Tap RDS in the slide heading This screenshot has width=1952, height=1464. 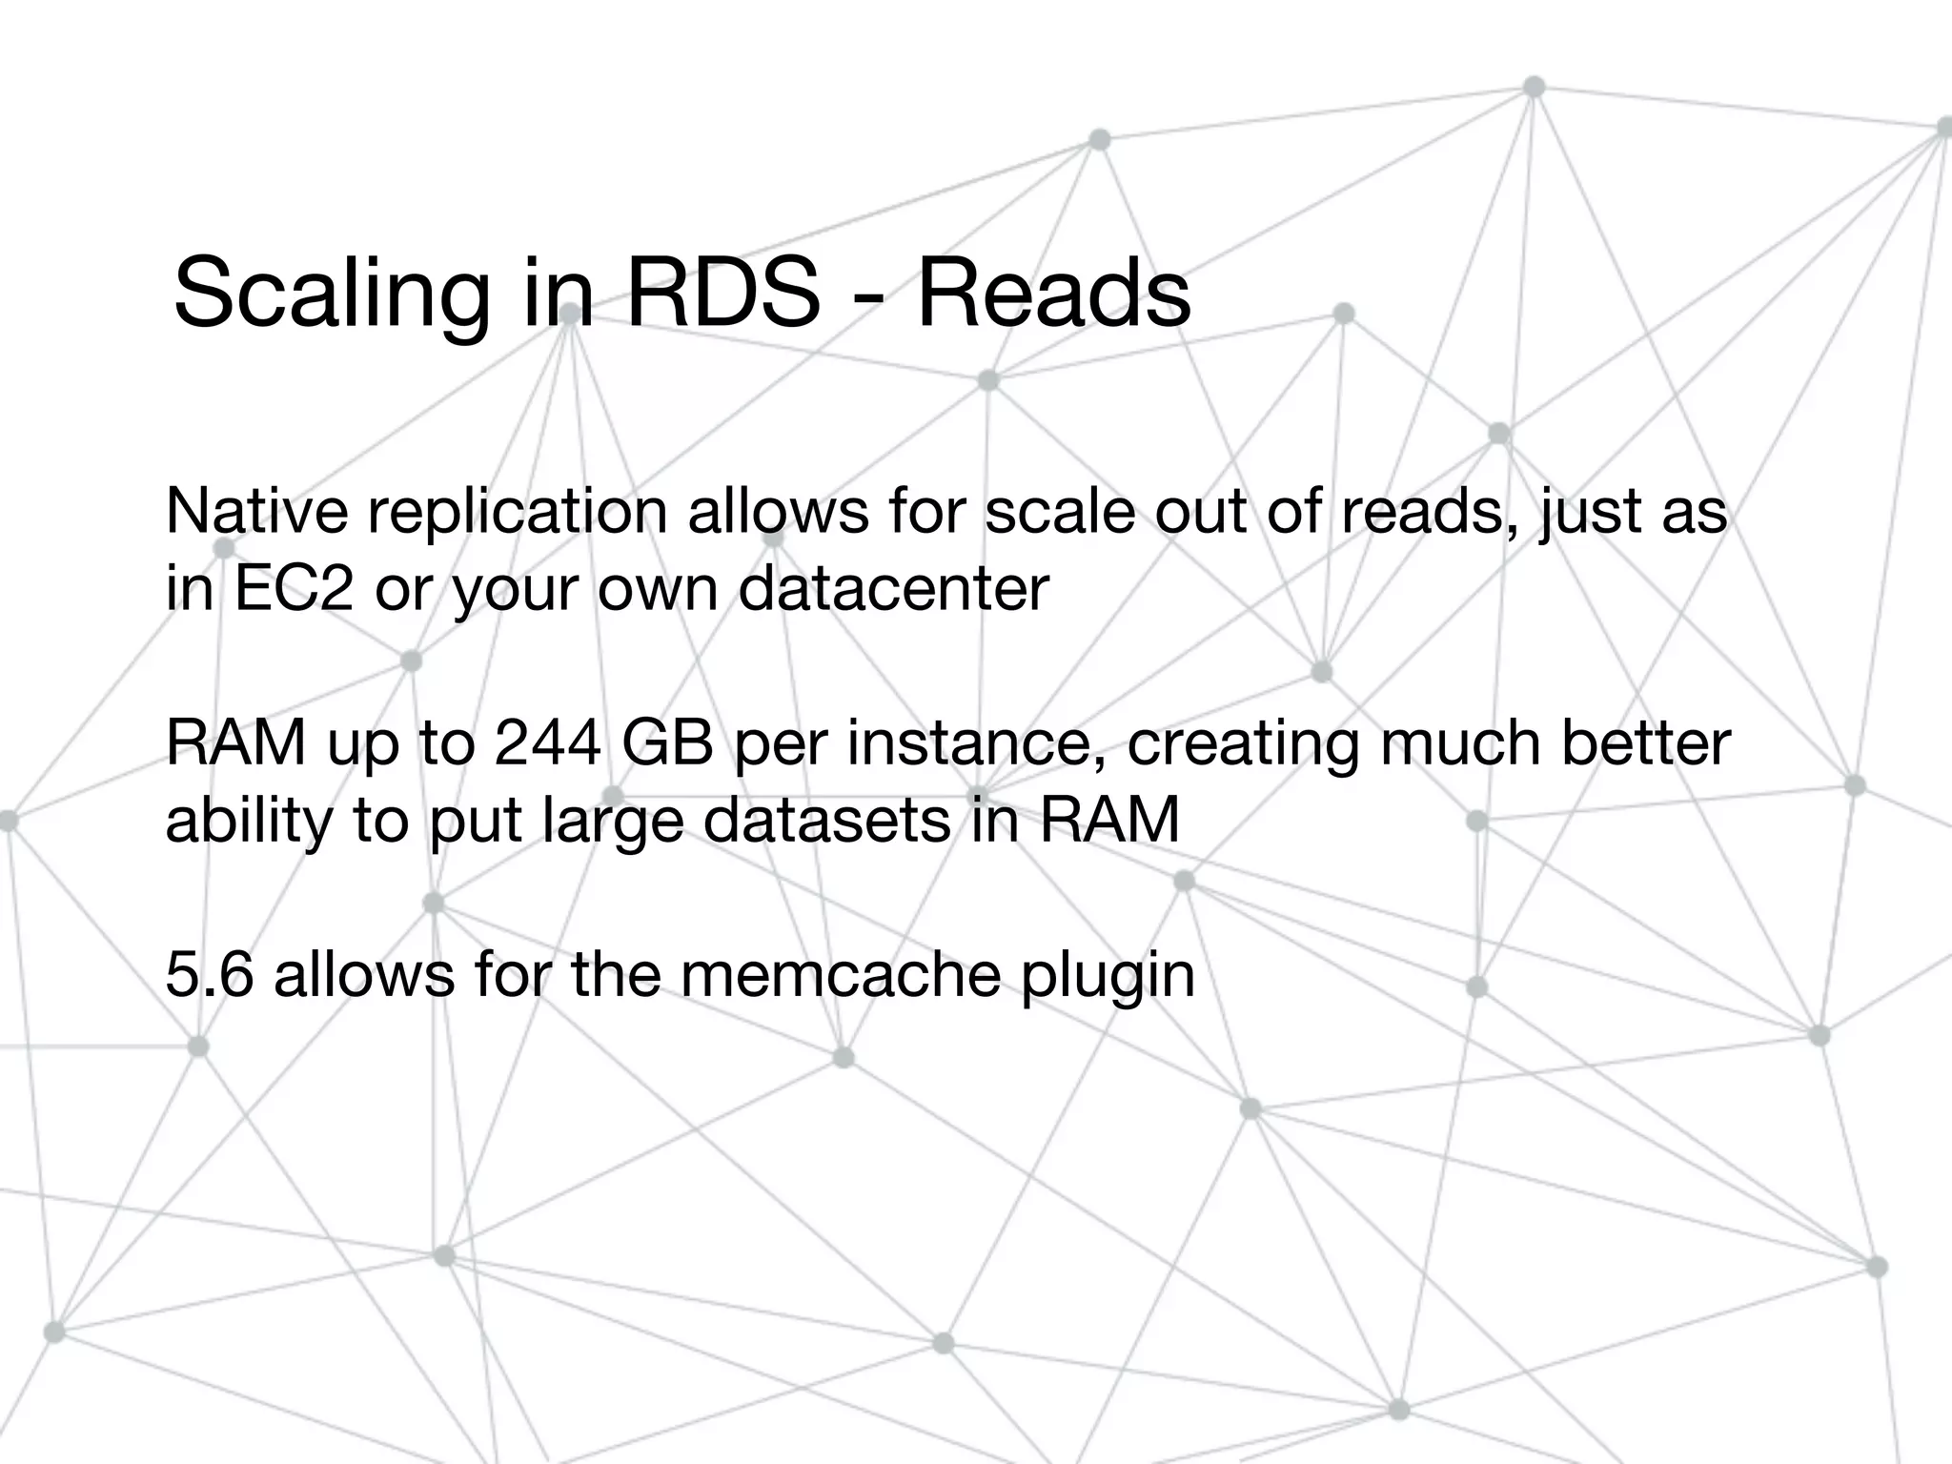722,292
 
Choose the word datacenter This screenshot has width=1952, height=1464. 894,588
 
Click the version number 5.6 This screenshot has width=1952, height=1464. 209,974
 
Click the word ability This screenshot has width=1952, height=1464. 250,822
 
